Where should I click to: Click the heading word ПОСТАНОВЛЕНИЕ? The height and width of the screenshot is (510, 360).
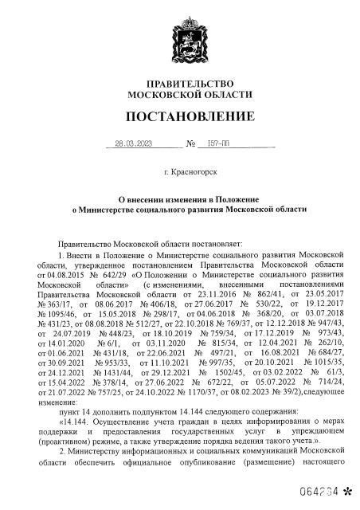click(180, 118)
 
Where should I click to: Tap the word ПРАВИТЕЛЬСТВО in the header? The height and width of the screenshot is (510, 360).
click(179, 84)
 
